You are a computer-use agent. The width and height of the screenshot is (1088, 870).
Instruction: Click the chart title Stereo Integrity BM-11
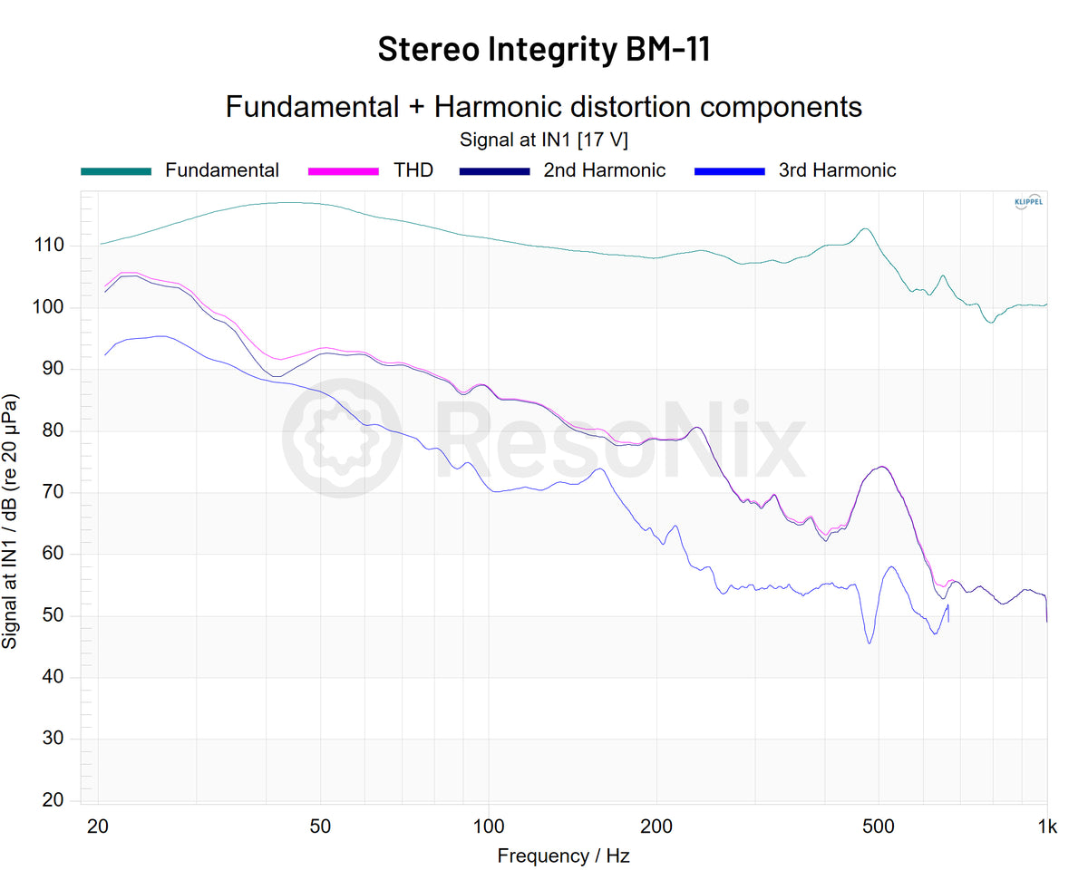[543, 49]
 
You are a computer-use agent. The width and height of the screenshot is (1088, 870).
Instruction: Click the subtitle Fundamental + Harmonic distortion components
[543, 107]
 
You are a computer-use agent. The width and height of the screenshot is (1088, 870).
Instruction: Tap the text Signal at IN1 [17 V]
[543, 140]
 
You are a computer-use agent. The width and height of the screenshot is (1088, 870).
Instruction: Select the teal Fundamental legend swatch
[115, 170]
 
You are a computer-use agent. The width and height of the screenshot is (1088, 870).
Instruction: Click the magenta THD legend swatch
[343, 170]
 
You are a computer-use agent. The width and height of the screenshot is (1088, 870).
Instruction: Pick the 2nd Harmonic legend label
[604, 170]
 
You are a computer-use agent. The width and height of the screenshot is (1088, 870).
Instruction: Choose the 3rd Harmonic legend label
[837, 170]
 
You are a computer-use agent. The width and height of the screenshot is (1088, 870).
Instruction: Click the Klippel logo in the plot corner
[1027, 202]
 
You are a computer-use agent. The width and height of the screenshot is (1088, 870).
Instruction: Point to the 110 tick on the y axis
[50, 246]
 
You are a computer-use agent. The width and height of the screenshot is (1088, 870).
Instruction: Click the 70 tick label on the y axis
[54, 492]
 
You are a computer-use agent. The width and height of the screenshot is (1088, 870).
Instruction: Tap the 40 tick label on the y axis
[54, 677]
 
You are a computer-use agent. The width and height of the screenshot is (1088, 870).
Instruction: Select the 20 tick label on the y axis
[54, 800]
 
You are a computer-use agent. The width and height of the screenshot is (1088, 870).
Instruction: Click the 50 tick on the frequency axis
[319, 826]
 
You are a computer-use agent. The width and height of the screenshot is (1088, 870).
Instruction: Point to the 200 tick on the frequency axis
[656, 826]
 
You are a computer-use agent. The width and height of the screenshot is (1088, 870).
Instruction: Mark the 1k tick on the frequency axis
[1047, 826]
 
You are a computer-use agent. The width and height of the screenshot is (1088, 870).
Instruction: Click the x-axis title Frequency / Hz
[563, 855]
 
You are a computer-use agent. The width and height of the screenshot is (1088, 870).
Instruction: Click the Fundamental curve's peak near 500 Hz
[865, 228]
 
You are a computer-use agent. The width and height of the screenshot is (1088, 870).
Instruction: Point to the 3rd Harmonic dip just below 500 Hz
[869, 643]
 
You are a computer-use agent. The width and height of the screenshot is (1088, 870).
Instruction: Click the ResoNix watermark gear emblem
[343, 439]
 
